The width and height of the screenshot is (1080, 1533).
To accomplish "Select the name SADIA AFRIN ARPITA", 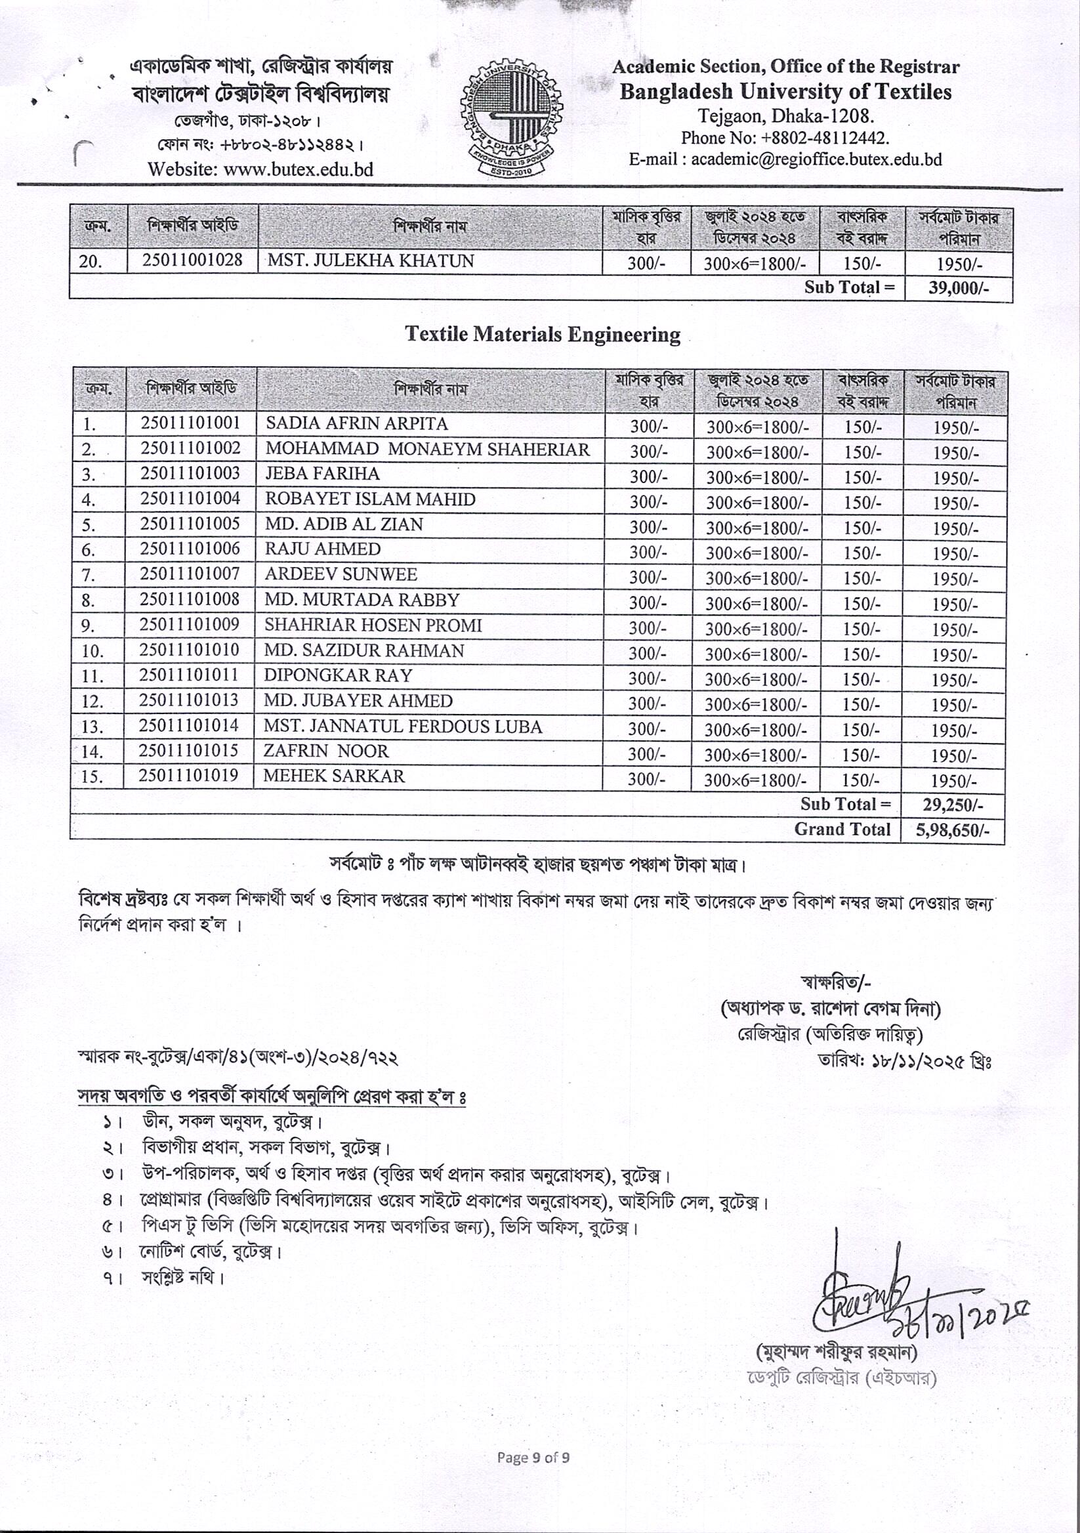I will (x=356, y=424).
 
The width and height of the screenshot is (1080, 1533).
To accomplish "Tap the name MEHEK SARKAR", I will (x=334, y=776).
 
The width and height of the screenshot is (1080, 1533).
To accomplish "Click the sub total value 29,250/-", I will (x=953, y=805).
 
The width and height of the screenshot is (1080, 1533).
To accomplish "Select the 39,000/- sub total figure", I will (x=958, y=289).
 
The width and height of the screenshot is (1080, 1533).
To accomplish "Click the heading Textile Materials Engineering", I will (x=543, y=335).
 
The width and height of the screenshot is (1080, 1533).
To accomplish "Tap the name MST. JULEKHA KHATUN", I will (x=371, y=261).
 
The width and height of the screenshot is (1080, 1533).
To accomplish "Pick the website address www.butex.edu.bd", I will (x=298, y=169).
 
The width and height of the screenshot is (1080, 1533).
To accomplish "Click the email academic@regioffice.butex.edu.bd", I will (x=816, y=159).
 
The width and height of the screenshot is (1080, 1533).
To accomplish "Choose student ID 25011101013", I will (x=189, y=700).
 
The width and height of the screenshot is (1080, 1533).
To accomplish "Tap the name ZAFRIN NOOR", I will (x=325, y=751).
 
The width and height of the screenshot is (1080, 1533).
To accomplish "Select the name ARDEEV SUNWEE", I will (x=341, y=574).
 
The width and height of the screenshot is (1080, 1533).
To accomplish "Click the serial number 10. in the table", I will (x=92, y=651).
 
